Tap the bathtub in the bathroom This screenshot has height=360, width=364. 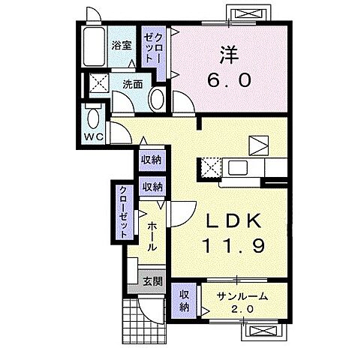click(95, 49)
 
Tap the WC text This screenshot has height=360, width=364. click(94, 137)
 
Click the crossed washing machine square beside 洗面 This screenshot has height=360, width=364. click(99, 83)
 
